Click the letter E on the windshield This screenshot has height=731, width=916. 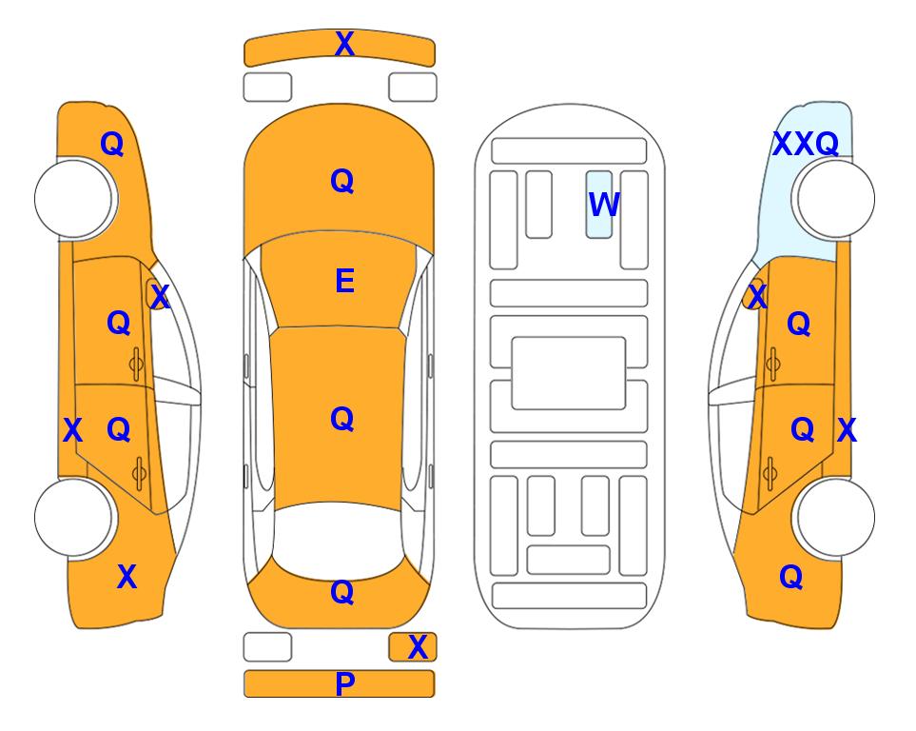click(344, 281)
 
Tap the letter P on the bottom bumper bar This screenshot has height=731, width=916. click(344, 683)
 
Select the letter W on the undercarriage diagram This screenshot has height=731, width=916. click(603, 205)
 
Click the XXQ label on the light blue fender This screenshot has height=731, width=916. click(806, 144)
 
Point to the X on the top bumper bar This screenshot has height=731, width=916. click(344, 44)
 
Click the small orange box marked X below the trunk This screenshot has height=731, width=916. click(413, 647)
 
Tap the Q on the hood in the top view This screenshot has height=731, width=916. click(342, 181)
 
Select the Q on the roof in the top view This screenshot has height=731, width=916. click(342, 419)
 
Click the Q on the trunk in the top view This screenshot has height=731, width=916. click(342, 592)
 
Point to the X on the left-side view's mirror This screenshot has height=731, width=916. click(160, 297)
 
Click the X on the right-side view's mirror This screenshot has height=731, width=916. click(757, 296)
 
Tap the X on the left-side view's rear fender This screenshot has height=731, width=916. click(127, 577)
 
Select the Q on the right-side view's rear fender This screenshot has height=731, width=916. click(791, 577)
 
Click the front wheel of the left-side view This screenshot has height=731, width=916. click(73, 199)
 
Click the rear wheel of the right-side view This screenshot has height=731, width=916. click(835, 517)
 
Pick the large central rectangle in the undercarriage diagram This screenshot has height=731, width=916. click(569, 373)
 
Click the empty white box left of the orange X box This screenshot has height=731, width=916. click(267, 647)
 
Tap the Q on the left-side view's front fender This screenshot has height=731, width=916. click(112, 144)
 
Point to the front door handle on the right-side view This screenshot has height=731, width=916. click(773, 364)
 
